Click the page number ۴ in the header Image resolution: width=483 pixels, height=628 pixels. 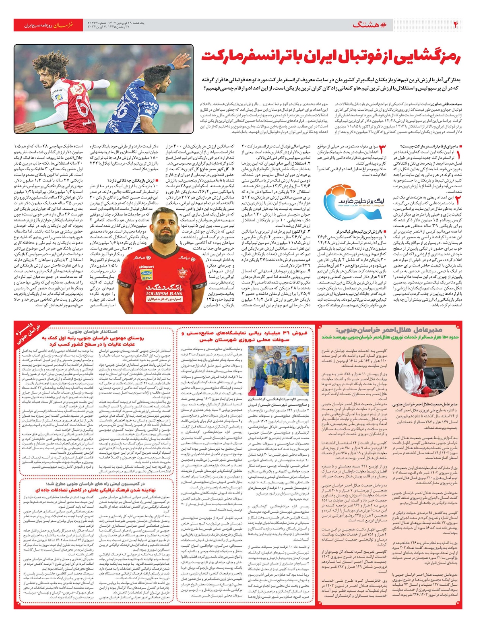click(x=456, y=25)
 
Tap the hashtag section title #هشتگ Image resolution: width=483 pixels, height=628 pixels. click(x=369, y=25)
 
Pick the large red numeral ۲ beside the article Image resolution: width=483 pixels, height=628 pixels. click(x=458, y=199)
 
